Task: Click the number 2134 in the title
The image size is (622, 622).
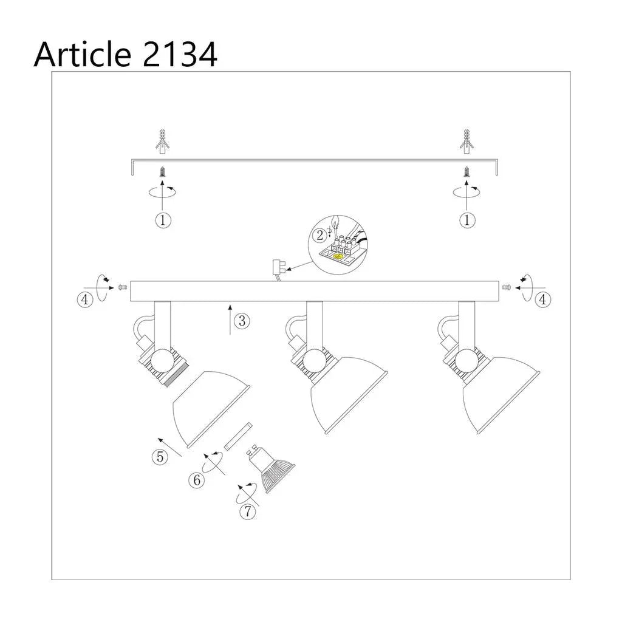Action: [x=179, y=54]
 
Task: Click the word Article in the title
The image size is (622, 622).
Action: [x=83, y=54]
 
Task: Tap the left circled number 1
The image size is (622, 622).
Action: [x=163, y=220]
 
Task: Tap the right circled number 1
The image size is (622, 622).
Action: [x=467, y=220]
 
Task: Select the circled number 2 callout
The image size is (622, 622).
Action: [x=320, y=235]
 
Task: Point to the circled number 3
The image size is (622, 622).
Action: [x=242, y=321]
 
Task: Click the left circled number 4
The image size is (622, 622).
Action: [x=85, y=299]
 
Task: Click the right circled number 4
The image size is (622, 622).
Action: [x=542, y=299]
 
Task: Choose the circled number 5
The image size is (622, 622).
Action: [x=160, y=457]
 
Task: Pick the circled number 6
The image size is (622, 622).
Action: [x=196, y=480]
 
